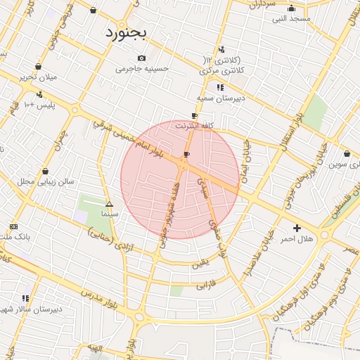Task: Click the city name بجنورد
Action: [x=127, y=33]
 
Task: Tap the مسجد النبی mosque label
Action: [x=292, y=18]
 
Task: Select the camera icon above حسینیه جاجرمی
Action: [x=141, y=58]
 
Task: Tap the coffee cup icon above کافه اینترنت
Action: [x=195, y=115]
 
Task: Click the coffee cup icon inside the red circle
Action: [x=186, y=154]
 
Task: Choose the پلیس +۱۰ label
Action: [x=39, y=105]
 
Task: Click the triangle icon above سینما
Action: [x=109, y=203]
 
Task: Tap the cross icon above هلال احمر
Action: [x=297, y=228]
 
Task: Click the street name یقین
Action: [x=201, y=263]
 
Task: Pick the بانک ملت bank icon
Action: [x=14, y=226]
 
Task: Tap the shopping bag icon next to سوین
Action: [x=347, y=154]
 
